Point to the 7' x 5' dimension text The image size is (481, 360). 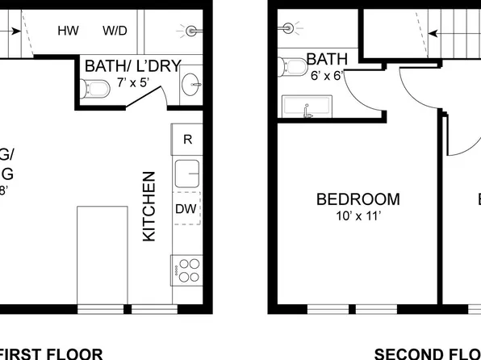pyautogui.click(x=133, y=82)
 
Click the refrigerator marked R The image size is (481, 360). pyautogui.click(x=187, y=139)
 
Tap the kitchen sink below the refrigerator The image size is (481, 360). pyautogui.click(x=188, y=173)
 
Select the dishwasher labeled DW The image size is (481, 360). pyautogui.click(x=186, y=208)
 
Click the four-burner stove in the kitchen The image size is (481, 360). pyautogui.click(x=187, y=269)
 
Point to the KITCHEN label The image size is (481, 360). pyautogui.click(x=149, y=206)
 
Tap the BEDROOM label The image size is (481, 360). pyautogui.click(x=358, y=199)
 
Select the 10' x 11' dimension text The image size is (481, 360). pyautogui.click(x=358, y=216)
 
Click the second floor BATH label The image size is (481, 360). pyautogui.click(x=327, y=59)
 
